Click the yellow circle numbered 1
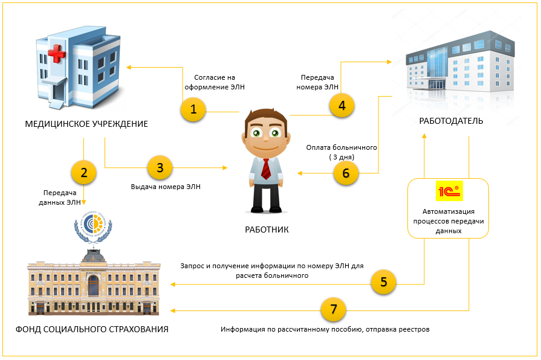pyautogui.click(x=193, y=109)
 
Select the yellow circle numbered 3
pyautogui.click(x=160, y=167)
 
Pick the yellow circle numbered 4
pyautogui.click(x=342, y=105)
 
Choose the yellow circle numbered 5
pyautogui.click(x=383, y=281)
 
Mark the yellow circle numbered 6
pyautogui.click(x=346, y=172)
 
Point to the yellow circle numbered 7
pyautogui.click(x=333, y=310)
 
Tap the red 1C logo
pyautogui.click(x=448, y=192)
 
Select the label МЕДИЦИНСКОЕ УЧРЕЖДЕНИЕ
pyautogui.click(x=86, y=124)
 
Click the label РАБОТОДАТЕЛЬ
pyautogui.click(x=451, y=121)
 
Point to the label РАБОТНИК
pyautogui.click(x=267, y=230)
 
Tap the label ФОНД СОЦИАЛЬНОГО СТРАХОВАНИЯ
pyautogui.click(x=92, y=329)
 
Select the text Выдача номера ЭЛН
pyautogui.click(x=166, y=187)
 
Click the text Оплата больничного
pyautogui.click(x=342, y=147)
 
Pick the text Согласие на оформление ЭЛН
pyautogui.click(x=215, y=82)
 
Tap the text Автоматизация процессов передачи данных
pyautogui.click(x=448, y=220)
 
